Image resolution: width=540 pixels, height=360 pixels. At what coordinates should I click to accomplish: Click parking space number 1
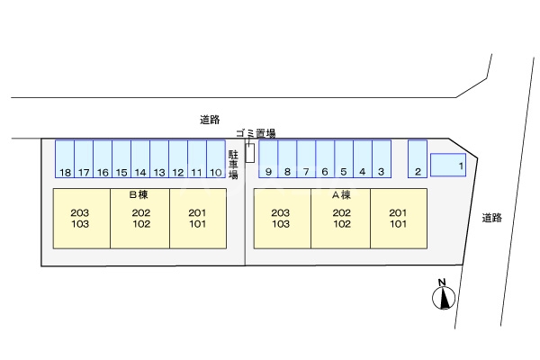pos(447,165)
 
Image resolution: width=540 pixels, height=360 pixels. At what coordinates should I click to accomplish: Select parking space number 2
pos(417,159)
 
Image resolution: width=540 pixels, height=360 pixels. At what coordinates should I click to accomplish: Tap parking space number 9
pos(268,159)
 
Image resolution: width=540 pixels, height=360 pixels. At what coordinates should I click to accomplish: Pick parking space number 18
pos(65,159)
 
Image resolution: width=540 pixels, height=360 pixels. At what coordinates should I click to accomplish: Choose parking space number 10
pos(216,159)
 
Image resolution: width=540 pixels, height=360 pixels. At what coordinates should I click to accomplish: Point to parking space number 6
pos(325,159)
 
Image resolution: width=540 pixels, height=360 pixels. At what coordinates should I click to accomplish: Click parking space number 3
pos(382,159)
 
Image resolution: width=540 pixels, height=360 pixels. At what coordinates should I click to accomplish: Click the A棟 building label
pos(340,194)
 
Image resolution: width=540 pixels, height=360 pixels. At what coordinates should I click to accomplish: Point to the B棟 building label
pos(138,194)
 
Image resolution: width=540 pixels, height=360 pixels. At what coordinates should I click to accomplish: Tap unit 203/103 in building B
pos(81,218)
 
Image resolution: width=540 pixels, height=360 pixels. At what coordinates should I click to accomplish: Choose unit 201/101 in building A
pos(399,218)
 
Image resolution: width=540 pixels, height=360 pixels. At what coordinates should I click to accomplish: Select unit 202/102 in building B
pos(139,218)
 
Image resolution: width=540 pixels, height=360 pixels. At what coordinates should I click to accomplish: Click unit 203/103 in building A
pos(282,218)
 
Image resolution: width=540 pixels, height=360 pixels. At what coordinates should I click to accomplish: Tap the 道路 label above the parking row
pos(211,119)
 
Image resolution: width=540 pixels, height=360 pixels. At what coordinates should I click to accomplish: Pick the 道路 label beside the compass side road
pos(491,217)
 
